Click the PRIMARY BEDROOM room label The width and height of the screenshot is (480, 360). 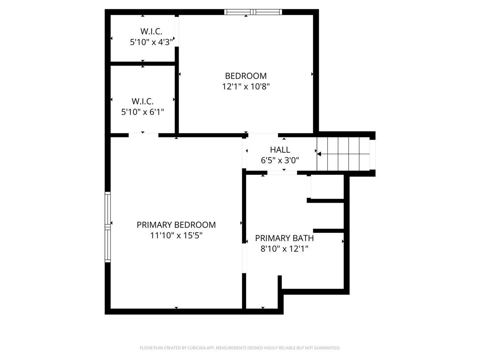176,225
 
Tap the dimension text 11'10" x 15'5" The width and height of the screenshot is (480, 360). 176,235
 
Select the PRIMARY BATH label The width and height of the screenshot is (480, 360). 284,238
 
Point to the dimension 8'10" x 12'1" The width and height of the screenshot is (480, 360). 284,249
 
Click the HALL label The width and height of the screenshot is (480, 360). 280,150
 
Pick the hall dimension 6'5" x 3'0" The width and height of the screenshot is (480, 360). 280,160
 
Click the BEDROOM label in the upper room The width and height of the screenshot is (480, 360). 246,76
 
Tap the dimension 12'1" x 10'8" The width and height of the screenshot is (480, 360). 246,86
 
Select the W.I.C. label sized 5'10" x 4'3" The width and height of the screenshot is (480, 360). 151,31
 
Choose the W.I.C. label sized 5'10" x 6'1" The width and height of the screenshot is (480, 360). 142,101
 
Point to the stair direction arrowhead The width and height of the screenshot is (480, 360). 319,153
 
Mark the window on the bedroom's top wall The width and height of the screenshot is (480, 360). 253,12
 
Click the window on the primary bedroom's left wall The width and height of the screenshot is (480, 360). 107,227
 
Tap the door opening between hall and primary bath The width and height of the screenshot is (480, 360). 282,173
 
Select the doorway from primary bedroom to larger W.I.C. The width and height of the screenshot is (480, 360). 143,135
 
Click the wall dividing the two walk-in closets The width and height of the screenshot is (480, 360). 142,63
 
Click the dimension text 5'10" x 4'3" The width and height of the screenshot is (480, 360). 151,42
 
